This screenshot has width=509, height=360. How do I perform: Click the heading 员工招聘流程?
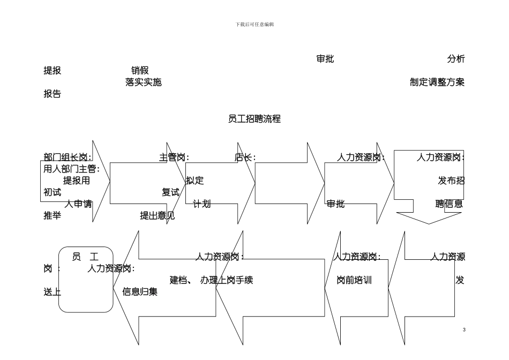coord(254,119)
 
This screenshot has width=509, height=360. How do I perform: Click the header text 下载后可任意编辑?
coord(254,25)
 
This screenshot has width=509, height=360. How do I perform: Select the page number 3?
coord(464,329)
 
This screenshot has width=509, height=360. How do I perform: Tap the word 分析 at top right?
coord(455,59)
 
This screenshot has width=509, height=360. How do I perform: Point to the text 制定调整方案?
coord(437,82)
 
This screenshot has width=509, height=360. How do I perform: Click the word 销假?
coord(140,71)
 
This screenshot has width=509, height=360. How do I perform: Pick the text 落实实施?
coord(143,82)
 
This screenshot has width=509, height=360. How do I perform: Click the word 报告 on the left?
coord(52,94)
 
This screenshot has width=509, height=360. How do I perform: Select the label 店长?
coord(245,157)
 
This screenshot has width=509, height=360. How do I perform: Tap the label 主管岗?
coord(174,157)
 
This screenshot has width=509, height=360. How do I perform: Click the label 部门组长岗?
coord(68,157)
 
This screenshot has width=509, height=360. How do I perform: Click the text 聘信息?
coord(449,204)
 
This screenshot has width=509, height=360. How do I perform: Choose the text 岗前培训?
coord(354,280)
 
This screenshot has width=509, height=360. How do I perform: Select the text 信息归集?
coord(140,292)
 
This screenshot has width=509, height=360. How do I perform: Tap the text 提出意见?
coord(157,216)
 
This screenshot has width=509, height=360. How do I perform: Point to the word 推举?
coord(52,216)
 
